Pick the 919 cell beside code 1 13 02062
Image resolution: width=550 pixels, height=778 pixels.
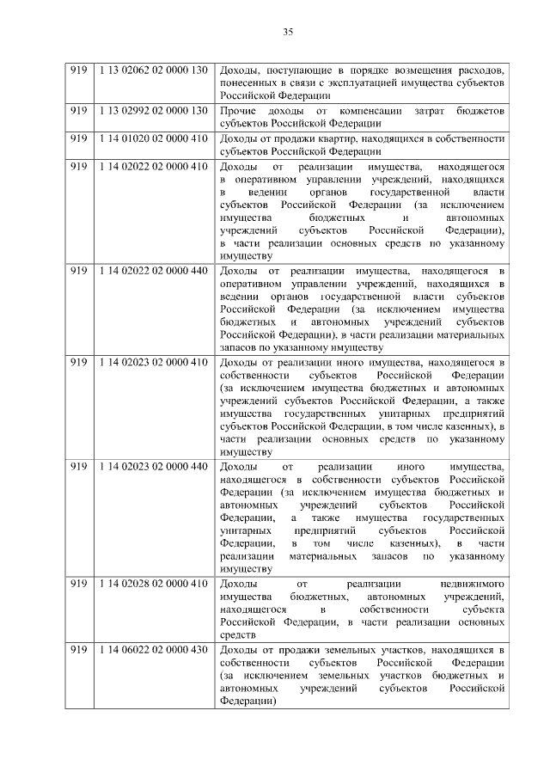coord(79,69)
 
